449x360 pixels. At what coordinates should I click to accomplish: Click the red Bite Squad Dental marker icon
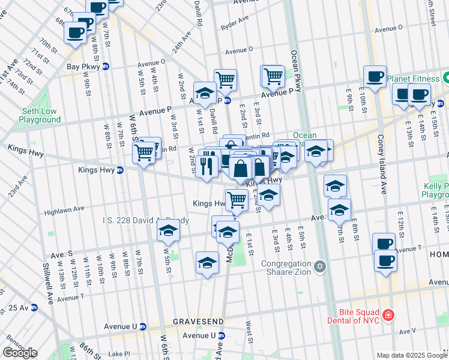coord(388,315)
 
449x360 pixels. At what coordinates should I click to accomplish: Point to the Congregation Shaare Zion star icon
coord(320,265)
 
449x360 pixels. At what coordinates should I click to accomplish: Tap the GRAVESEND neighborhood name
coord(198,322)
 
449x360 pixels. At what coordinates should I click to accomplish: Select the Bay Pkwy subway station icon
coord(106,67)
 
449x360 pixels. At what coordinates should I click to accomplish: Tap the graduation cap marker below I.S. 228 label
coord(169,232)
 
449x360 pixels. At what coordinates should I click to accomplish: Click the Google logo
coord(20,353)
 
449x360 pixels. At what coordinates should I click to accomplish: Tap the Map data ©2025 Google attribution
coord(412,355)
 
